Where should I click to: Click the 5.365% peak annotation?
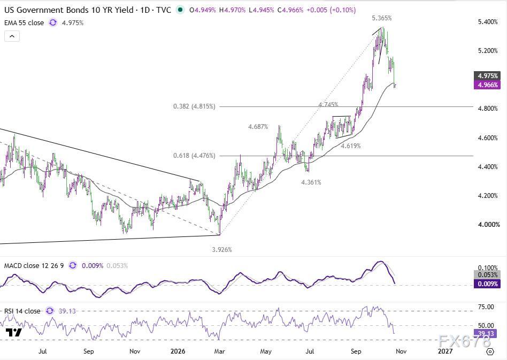[x=381, y=18]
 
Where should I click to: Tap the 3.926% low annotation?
[x=222, y=250]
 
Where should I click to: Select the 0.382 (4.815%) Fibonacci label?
[x=194, y=106]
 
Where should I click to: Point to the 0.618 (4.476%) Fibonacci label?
[x=194, y=156]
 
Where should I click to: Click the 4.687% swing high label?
[x=258, y=127]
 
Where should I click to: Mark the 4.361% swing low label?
[x=311, y=182]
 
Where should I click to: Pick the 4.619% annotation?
[x=350, y=146]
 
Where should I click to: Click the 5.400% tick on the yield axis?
[x=488, y=22]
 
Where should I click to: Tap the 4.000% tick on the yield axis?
[x=489, y=225]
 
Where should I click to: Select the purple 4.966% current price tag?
[x=488, y=85]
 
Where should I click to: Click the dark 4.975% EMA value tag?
[x=488, y=75]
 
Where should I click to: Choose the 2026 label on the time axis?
[x=178, y=351]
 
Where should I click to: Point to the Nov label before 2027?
[x=401, y=351]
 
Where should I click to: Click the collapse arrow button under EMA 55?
[x=12, y=36]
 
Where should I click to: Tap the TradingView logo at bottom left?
[x=13, y=333]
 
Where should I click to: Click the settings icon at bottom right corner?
[x=490, y=351]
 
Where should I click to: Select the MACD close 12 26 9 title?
[x=34, y=265]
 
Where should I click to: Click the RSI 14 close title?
[x=22, y=311]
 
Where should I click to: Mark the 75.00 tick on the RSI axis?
[x=486, y=307]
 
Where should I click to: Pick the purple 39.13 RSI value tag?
[x=485, y=333]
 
